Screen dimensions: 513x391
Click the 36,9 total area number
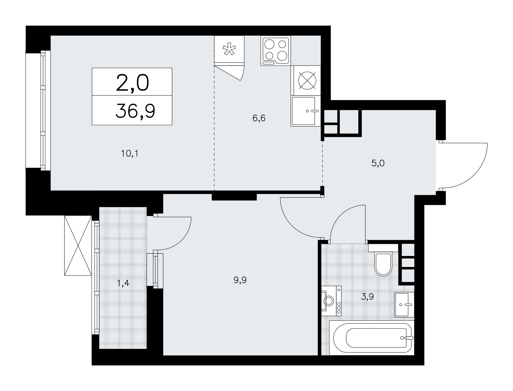[135, 111]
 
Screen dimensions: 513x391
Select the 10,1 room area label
[130, 154]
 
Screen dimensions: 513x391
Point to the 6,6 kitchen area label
[259, 118]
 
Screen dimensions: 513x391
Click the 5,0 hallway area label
[378, 163]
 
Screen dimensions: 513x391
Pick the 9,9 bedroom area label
[240, 280]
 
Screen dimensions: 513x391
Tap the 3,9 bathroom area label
[367, 297]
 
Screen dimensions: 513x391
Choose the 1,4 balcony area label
[123, 283]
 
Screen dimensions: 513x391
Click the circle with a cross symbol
[307, 80]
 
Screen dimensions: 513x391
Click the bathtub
[371, 338]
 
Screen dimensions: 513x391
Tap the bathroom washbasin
[404, 305]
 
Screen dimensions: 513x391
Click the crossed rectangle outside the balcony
[78, 245]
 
